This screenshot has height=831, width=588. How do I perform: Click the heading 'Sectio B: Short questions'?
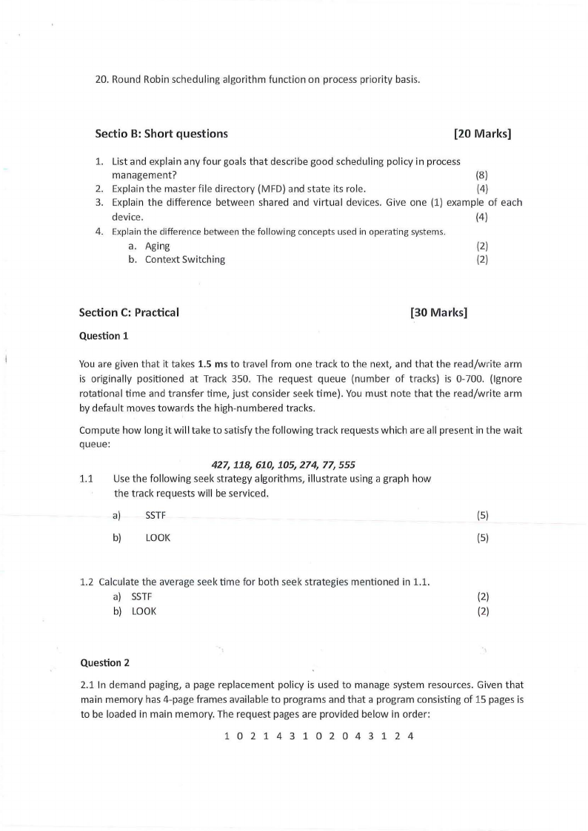[161, 134]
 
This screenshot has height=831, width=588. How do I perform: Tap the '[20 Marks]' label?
[482, 134]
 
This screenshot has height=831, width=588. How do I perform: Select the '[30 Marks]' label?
[438, 312]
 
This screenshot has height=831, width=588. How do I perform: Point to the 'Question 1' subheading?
[104, 336]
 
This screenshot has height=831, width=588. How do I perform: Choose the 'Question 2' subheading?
[104, 662]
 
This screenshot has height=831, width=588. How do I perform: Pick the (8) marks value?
[481, 175]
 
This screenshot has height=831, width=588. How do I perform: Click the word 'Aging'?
[157, 246]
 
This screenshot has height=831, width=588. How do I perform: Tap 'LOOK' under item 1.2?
[144, 610]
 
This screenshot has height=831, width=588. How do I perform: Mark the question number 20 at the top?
[101, 79]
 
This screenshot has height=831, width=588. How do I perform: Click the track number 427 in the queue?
[221, 465]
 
